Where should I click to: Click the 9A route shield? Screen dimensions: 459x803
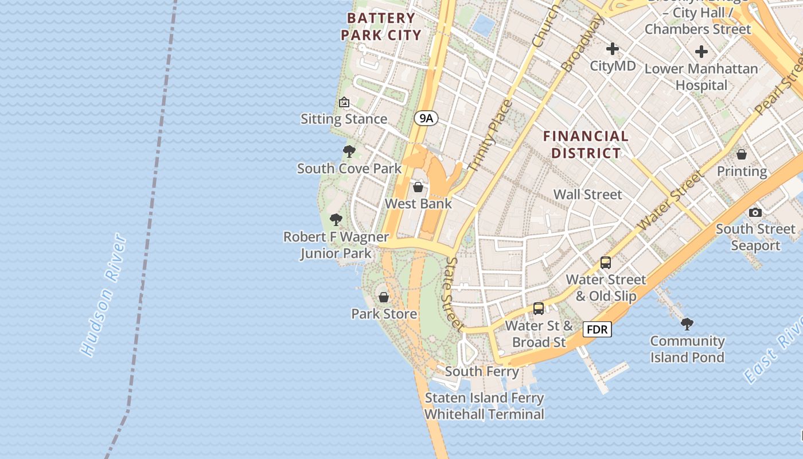426,119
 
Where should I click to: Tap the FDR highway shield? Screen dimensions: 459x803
597,329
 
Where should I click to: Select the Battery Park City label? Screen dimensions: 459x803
381,26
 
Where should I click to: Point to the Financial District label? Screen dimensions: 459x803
585,145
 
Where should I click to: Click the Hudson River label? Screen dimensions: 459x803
103,294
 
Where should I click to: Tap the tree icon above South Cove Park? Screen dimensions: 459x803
349,151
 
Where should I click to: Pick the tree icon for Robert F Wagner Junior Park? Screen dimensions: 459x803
336,220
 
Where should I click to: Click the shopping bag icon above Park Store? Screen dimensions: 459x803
384,297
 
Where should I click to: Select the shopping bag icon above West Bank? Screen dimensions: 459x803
418,187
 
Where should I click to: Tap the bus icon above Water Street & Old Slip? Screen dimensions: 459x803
606,263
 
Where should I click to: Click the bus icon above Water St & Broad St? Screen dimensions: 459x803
538,309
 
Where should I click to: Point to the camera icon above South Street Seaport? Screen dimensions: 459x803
755,212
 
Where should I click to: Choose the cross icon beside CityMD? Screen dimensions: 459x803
613,49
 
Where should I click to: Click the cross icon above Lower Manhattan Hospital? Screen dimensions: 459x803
701,52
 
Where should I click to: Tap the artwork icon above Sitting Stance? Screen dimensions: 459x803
344,102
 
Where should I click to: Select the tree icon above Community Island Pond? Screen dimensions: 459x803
687,324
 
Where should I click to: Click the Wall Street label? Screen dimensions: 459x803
587,195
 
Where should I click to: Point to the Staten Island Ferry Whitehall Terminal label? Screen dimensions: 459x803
484,406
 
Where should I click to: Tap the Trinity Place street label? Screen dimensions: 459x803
490,136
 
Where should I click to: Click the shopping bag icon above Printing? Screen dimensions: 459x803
742,154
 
